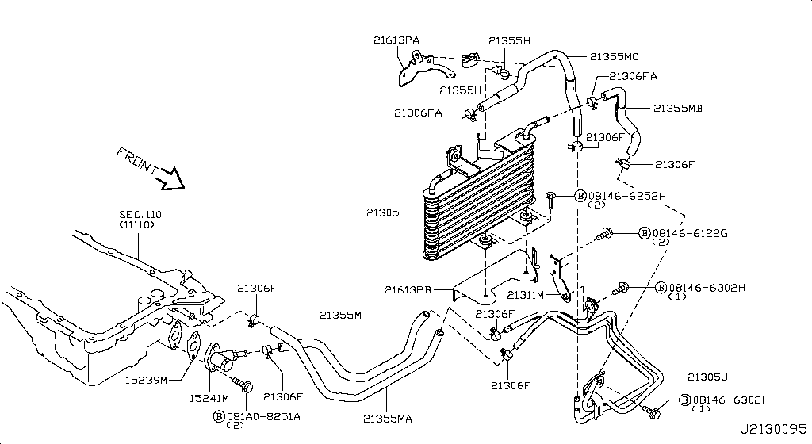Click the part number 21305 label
coord(384,212)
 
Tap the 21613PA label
coord(396,39)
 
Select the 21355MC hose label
coord(614,56)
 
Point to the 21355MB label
coord(678,109)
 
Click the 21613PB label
coord(408,290)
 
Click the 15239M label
coord(147,381)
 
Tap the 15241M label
coord(208,397)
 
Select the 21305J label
coord(707,376)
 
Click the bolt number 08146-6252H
coord(626,195)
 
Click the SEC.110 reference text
coord(139,215)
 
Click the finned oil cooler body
coord(476,206)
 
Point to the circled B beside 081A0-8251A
coord(220,415)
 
